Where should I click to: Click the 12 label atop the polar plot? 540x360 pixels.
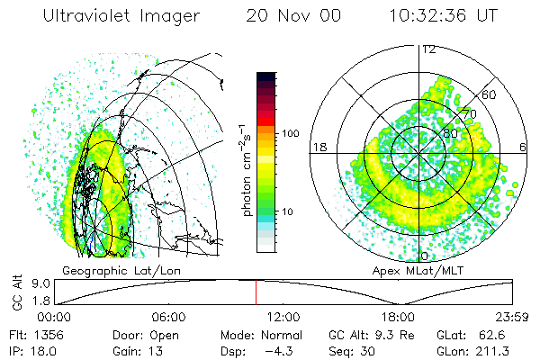(428, 49)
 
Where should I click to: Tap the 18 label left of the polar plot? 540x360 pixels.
(318, 147)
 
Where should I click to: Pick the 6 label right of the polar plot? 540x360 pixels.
(523, 147)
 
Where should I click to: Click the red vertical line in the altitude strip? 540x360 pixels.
(256, 292)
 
